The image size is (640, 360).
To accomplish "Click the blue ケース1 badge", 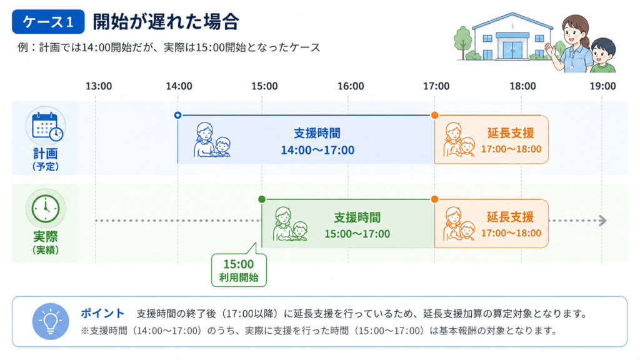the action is pos(48,22).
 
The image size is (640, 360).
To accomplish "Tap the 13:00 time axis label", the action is pos(98,86).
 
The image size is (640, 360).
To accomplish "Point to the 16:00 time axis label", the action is pos(351,86).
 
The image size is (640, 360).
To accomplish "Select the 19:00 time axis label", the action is pos(602,86).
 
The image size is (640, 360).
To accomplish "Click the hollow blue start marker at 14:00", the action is pos(177,116).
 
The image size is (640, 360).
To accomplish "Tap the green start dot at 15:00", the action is pos(262,199).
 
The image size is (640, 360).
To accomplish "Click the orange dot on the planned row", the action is pos(435,116).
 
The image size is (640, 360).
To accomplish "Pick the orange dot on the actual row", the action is pos(435,199).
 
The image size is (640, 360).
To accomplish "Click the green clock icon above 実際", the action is pos(46,209).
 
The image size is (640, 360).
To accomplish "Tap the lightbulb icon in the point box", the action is pos(51,321).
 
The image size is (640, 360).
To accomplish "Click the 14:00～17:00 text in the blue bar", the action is pos(317,150).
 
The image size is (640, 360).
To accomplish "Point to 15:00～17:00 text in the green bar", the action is pos(357,234).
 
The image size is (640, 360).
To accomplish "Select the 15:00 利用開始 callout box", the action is pos(239,269).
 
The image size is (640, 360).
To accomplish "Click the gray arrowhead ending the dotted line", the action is pos(603,221).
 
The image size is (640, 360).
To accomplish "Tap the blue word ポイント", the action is pos(102,313).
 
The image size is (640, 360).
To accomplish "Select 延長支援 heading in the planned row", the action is pos(511,133).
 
